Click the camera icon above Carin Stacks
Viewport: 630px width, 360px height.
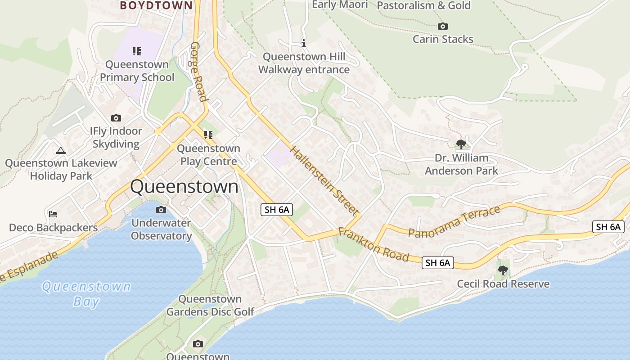[x=443, y=27]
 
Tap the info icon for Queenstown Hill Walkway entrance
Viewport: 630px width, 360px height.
[x=304, y=44]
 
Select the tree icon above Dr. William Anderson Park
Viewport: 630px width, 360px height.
[x=461, y=144]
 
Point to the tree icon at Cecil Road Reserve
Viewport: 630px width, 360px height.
[x=503, y=270]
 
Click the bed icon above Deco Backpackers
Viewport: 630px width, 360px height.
[x=53, y=214]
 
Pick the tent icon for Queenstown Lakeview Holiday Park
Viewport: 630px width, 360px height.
[x=61, y=150]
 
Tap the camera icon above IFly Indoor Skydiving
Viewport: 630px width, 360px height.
[x=116, y=118]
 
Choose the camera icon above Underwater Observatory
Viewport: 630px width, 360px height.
[x=161, y=210]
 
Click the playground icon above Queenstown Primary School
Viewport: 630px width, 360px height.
[x=137, y=51]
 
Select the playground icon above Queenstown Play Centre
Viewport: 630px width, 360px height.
[x=208, y=135]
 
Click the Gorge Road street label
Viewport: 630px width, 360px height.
[x=199, y=72]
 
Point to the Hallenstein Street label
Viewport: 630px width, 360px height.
[x=325, y=180]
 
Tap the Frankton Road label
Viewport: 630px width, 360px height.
[x=373, y=245]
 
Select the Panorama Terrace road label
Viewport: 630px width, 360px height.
[x=454, y=221]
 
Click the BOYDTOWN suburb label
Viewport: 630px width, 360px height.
[x=156, y=5]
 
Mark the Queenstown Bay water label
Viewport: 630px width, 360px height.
[x=86, y=293]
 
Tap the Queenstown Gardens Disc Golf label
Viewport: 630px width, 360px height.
[x=210, y=305]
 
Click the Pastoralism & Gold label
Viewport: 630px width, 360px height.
[x=423, y=5]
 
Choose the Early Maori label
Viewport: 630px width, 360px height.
[x=340, y=4]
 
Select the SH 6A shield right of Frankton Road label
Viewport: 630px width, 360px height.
[x=437, y=263]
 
